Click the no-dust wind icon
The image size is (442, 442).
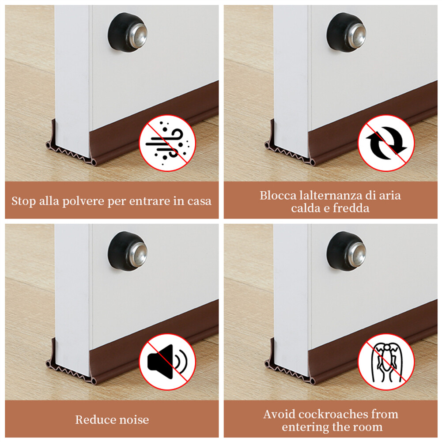pyautogui.click(x=167, y=143)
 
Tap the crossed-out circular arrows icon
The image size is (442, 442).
pyautogui.click(x=386, y=143)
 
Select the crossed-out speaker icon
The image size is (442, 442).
pyautogui.click(x=167, y=362)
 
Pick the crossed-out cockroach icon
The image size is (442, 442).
pyautogui.click(x=386, y=362)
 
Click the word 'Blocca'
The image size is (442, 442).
pyautogui.click(x=278, y=195)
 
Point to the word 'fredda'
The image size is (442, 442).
pyautogui.click(x=351, y=208)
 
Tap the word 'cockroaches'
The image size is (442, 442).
pyautogui.click(x=333, y=414)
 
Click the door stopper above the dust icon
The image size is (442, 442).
pyautogui.click(x=128, y=32)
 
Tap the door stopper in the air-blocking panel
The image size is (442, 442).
pyautogui.click(x=346, y=32)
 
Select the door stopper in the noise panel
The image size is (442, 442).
pyautogui.click(x=128, y=251)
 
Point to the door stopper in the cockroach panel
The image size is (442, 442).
pyautogui.click(x=346, y=251)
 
